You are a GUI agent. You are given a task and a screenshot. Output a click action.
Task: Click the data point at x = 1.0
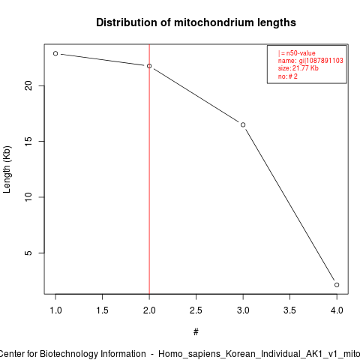tap(55, 53)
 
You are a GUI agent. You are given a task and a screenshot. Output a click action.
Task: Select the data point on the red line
tap(149, 66)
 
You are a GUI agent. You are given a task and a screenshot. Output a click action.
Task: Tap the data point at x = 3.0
tap(243, 124)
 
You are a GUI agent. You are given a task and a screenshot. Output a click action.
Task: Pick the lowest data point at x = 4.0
tap(337, 285)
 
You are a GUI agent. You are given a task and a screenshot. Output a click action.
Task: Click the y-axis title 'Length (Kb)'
tap(7, 169)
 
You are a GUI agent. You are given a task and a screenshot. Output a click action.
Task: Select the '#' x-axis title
tap(196, 332)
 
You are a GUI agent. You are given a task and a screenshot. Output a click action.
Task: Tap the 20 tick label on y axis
tap(28, 85)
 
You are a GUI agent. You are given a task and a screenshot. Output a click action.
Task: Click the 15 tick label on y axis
tap(28, 141)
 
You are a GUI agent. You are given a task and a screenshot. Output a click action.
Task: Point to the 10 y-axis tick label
tap(28, 197)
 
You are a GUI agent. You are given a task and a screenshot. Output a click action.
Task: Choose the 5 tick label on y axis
tap(28, 253)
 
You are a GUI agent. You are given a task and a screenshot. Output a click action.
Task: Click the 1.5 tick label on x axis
tap(102, 310)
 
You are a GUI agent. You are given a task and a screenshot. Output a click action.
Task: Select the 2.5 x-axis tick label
tap(196, 310)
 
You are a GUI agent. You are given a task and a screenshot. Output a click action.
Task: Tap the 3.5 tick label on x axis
tap(289, 310)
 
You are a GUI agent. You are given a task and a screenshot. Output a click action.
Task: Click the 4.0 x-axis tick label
tap(337, 310)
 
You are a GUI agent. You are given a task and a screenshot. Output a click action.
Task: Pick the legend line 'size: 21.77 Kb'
tap(298, 68)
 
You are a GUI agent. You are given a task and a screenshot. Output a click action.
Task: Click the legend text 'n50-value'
tap(301, 53)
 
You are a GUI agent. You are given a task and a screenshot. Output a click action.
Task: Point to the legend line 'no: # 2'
tap(288, 76)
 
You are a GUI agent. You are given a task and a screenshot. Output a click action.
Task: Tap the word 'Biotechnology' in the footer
tap(67, 354)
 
